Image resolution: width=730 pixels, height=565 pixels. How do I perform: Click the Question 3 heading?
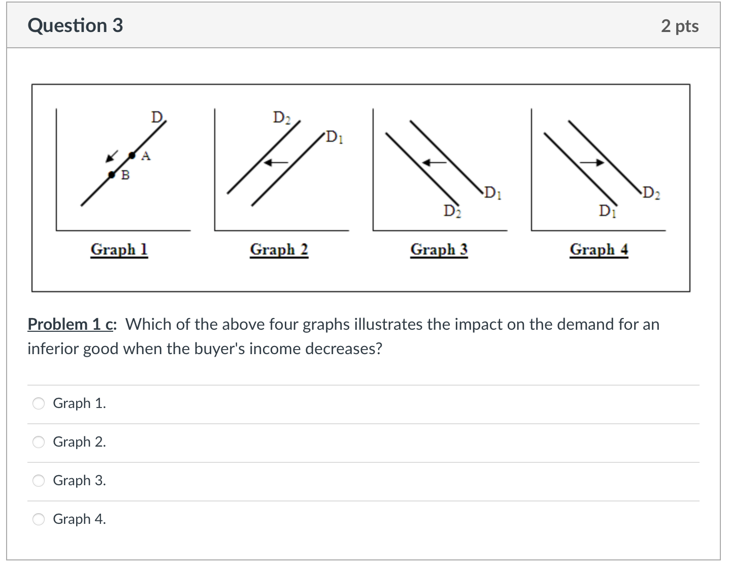[75, 25]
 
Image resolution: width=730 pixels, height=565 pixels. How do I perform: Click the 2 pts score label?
[679, 26]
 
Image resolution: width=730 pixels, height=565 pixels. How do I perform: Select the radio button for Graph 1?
[39, 403]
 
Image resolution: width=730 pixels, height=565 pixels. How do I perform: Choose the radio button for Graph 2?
[39, 442]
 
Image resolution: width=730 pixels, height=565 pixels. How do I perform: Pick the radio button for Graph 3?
[39, 481]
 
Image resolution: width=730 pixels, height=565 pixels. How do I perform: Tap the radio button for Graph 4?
[39, 519]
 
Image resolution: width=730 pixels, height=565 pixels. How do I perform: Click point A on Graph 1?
[132, 155]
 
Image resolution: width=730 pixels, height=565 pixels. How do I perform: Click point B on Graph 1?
[112, 175]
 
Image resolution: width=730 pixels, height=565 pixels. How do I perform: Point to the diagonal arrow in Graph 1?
[112, 155]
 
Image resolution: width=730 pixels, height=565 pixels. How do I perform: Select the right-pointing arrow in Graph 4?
[592, 163]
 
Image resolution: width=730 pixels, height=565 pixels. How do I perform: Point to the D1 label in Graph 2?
[335, 137]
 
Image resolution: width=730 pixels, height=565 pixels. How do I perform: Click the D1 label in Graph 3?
[493, 193]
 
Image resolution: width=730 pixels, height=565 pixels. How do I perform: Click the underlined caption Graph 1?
[119, 249]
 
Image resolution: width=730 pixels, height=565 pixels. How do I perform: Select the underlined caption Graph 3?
[439, 249]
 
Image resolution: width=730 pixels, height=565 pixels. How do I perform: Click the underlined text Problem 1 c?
[72, 324]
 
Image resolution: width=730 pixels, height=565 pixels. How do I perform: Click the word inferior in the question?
[53, 349]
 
